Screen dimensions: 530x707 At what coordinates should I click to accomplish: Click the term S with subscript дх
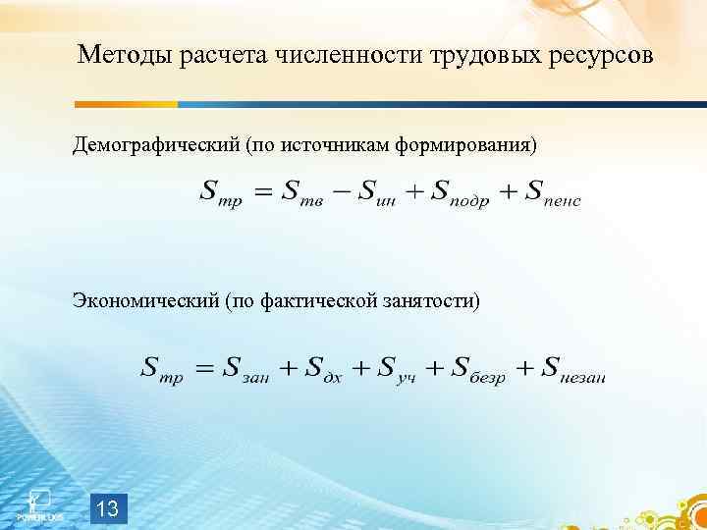pos(324,371)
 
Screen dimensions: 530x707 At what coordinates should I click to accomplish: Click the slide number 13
pos(109,508)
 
